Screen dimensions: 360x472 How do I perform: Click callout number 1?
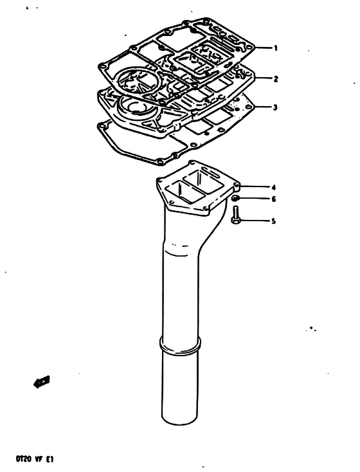point(275,48)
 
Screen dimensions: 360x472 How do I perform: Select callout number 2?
point(276,79)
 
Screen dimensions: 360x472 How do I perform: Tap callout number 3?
point(275,107)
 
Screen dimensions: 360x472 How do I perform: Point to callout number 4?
point(273,188)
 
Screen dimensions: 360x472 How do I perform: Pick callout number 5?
point(273,221)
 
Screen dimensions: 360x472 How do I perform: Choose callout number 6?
point(273,199)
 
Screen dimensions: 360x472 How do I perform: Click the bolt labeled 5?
point(235,215)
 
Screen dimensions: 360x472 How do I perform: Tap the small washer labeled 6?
point(235,198)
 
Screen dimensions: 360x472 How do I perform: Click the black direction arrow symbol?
point(42,382)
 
